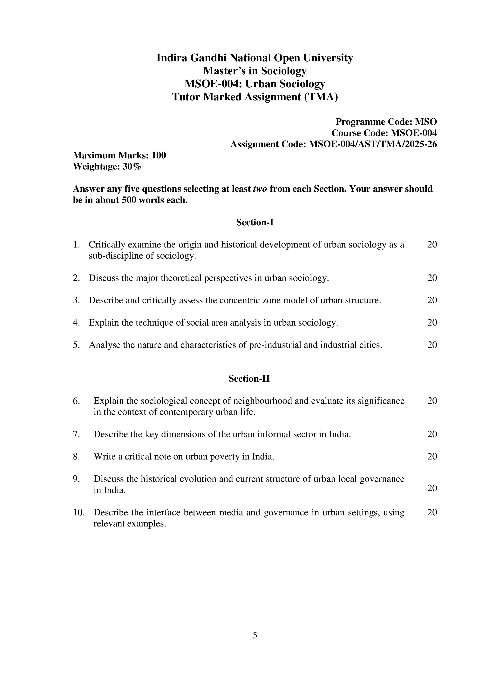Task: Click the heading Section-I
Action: [255, 222]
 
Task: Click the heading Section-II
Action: [249, 379]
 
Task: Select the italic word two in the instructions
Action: [260, 189]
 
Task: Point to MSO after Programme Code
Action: [426, 122]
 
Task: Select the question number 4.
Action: [76, 323]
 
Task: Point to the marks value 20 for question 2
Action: [432, 278]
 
